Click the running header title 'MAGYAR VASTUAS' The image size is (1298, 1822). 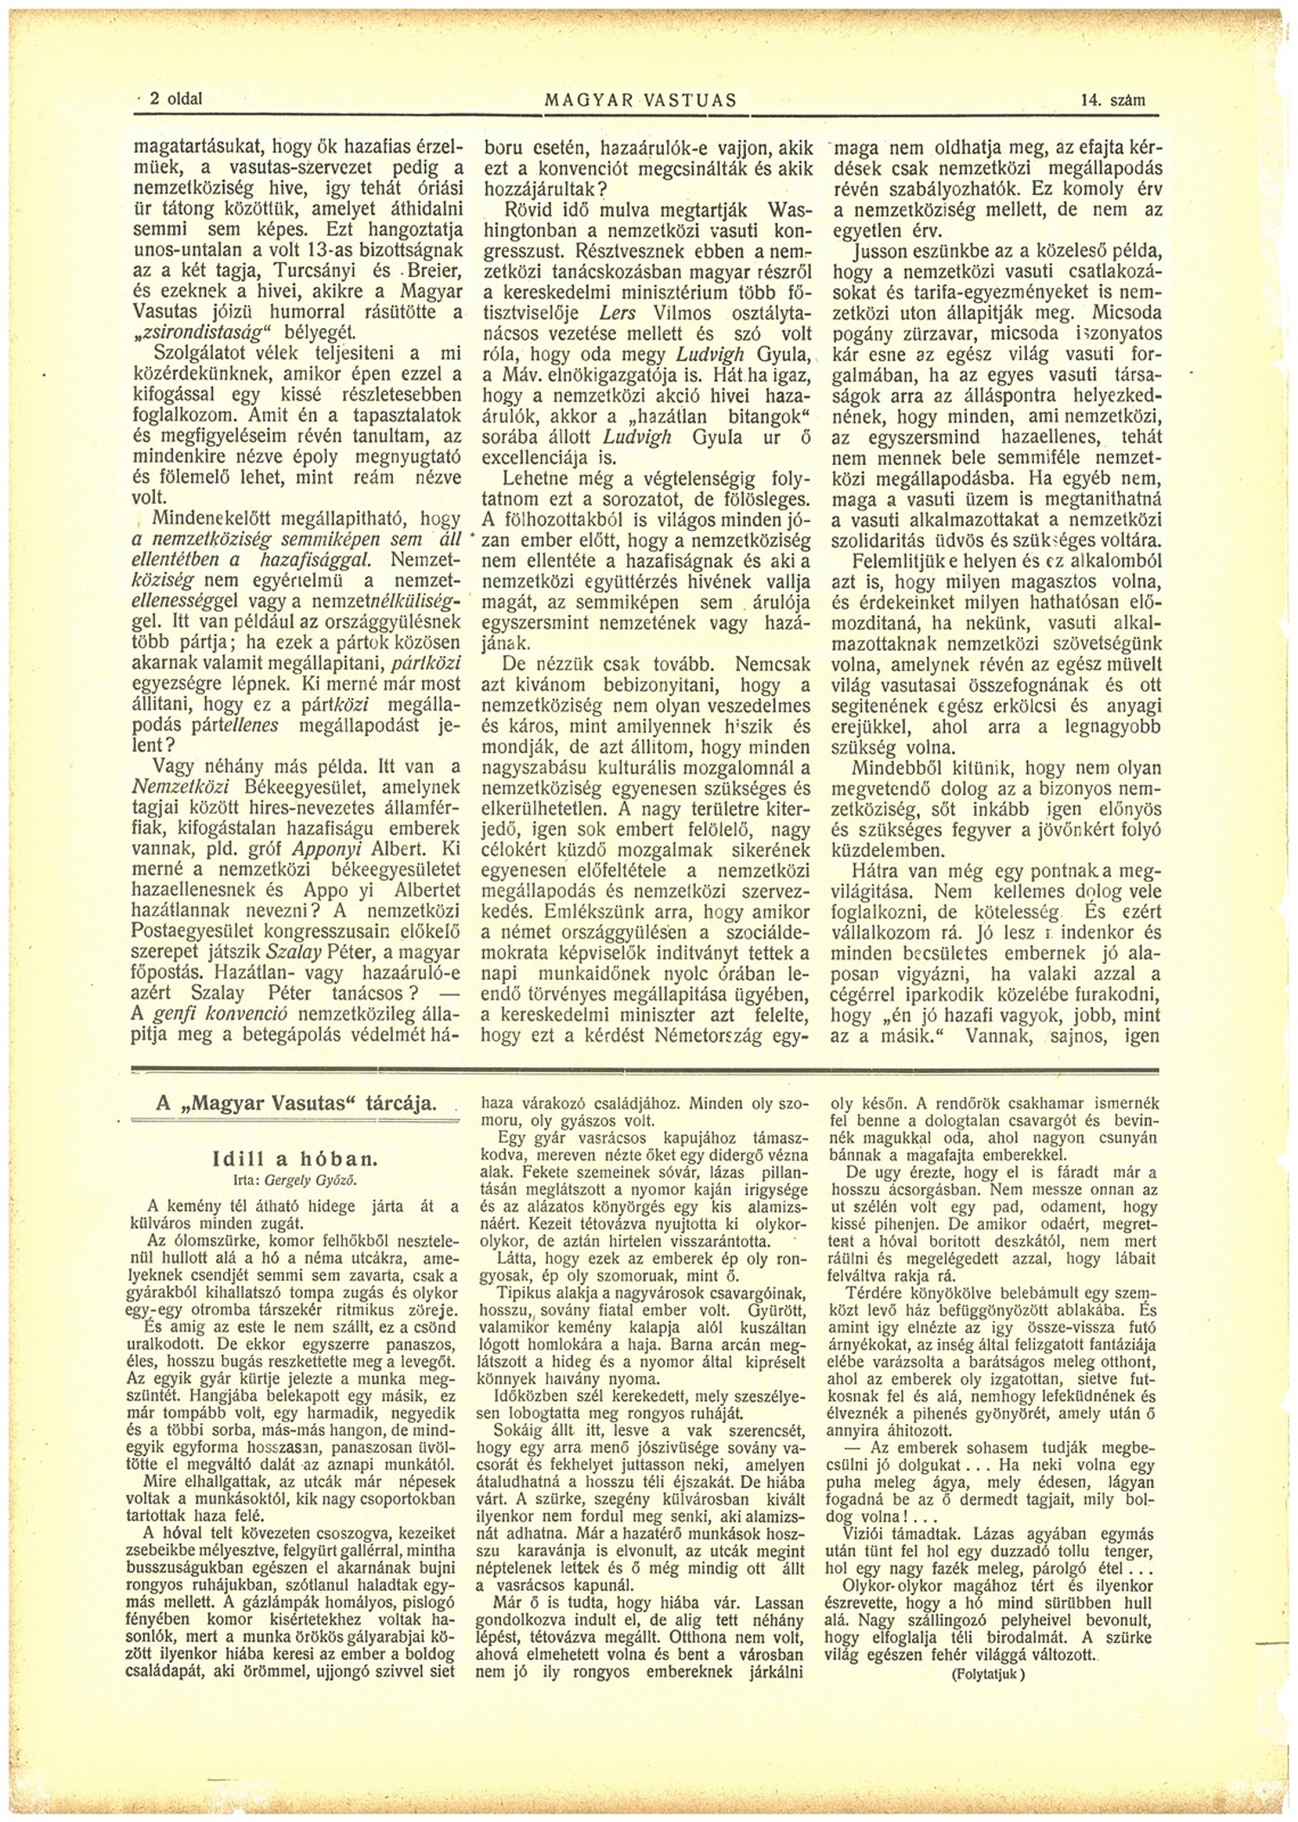pos(640,100)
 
